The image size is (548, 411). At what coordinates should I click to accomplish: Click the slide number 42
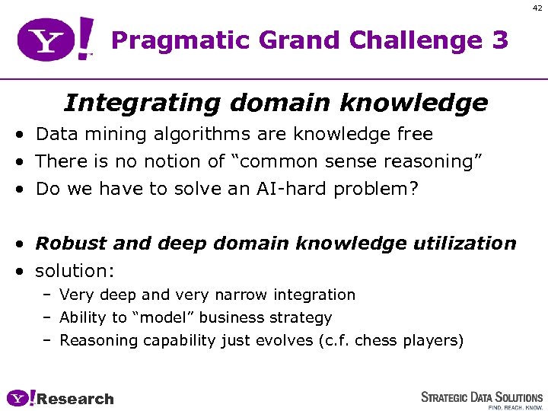tap(537, 8)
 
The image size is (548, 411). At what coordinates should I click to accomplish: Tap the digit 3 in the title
tap(499, 40)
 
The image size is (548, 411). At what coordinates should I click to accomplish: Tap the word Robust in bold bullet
tap(68, 244)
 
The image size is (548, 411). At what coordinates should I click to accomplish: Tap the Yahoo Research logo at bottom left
tap(60, 399)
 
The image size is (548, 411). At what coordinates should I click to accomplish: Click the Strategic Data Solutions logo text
tap(482, 397)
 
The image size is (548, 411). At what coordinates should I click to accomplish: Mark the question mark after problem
tap(414, 189)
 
